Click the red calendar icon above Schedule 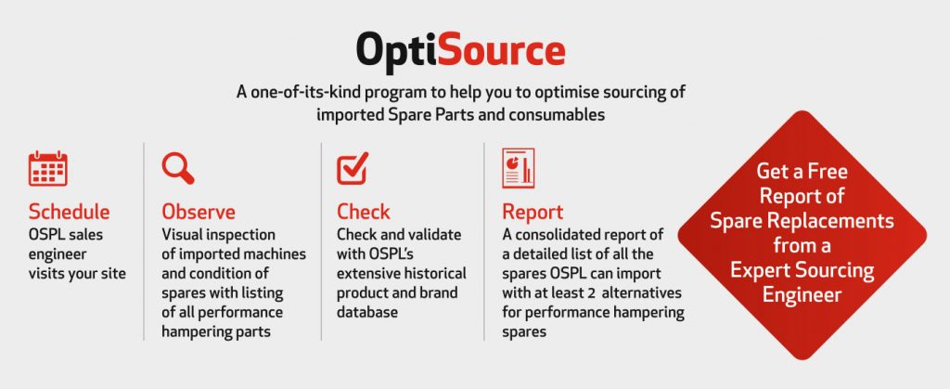pos(48,168)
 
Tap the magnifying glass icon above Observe pos(178,168)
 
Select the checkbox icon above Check pos(353,168)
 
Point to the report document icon pos(518,168)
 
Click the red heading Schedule pos(69,212)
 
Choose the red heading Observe pos(199,212)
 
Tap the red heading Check pos(364,212)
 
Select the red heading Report pos(533,212)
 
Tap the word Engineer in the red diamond pos(802,295)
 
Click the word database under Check pos(367,312)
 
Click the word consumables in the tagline pos(558,114)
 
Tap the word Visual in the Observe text pos(180,234)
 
